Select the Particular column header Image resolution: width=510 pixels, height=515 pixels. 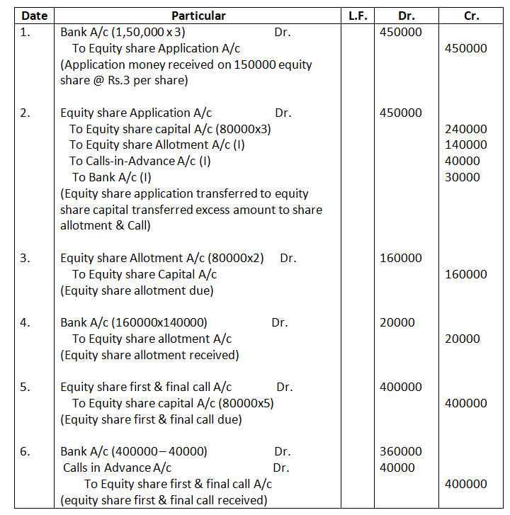pyautogui.click(x=198, y=16)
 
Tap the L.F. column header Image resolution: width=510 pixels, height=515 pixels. pyautogui.click(x=358, y=16)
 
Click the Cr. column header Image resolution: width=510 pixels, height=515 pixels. pyautogui.click(x=471, y=16)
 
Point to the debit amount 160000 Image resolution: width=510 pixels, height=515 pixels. pyautogui.click(x=401, y=258)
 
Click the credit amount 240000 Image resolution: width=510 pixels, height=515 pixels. pyautogui.click(x=466, y=129)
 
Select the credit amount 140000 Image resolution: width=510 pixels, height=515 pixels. pyautogui.click(x=466, y=145)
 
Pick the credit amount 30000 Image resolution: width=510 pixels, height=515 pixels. pyautogui.click(x=463, y=177)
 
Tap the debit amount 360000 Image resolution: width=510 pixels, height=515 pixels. pyautogui.click(x=401, y=451)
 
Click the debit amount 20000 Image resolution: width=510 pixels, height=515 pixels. pyautogui.click(x=398, y=322)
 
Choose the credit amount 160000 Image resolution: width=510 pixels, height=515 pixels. pyautogui.click(x=466, y=274)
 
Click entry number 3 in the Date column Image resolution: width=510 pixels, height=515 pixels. pyautogui.click(x=25, y=258)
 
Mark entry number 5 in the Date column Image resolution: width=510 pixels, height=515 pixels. pyautogui.click(x=25, y=387)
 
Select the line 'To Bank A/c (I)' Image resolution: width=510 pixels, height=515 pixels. pyautogui.click(x=111, y=177)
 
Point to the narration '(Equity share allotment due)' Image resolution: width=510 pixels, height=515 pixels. pyautogui.click(x=137, y=290)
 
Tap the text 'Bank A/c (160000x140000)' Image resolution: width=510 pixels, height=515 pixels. pyautogui.click(x=134, y=322)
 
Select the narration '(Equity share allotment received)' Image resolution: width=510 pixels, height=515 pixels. pyautogui.click(x=150, y=355)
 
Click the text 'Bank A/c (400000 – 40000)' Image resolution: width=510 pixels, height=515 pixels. pyautogui.click(x=134, y=451)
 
